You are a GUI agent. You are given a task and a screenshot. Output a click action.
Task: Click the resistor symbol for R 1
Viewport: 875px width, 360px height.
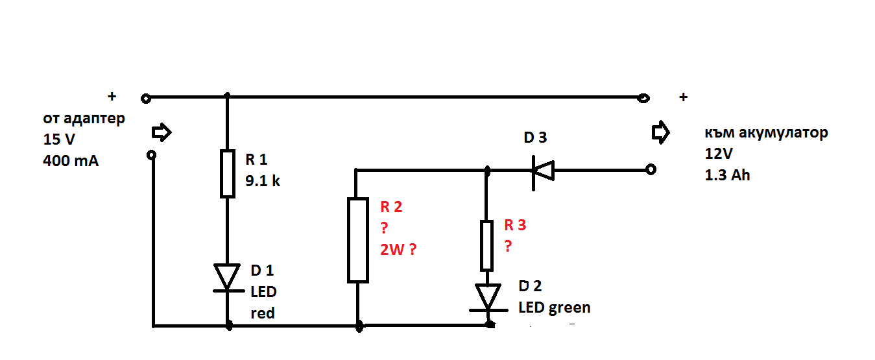point(227,173)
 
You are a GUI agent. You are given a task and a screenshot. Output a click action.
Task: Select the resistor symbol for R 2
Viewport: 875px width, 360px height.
point(358,241)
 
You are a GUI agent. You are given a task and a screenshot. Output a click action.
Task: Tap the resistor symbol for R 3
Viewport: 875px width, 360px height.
point(486,245)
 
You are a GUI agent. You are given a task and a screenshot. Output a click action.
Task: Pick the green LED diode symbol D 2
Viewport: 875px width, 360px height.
point(488,298)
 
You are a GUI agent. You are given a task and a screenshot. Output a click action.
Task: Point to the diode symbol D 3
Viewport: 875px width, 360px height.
point(542,170)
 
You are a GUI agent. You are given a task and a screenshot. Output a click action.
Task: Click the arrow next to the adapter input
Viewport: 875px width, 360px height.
point(162,133)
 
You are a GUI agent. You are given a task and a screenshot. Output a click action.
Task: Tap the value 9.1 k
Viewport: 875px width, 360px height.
point(262,181)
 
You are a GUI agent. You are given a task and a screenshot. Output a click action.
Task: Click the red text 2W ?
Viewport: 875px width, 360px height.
point(397,250)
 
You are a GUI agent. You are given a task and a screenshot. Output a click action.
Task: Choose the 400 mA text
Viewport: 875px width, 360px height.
point(71,160)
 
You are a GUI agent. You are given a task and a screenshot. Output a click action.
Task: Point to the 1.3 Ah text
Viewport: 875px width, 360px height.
point(727,174)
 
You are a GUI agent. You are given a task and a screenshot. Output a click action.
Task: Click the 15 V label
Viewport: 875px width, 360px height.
point(58,139)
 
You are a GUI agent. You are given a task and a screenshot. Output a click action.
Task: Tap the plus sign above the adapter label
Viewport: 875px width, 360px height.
point(112,96)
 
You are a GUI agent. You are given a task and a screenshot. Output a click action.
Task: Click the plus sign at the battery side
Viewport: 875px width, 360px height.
point(682,97)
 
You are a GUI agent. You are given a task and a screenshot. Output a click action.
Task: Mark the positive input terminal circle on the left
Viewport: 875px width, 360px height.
point(146,99)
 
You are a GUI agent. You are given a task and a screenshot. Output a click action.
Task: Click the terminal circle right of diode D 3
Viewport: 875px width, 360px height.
point(651,170)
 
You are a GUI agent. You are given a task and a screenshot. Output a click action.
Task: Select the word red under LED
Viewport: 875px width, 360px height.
point(263,313)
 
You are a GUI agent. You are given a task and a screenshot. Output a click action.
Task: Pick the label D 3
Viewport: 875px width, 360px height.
point(535,138)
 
